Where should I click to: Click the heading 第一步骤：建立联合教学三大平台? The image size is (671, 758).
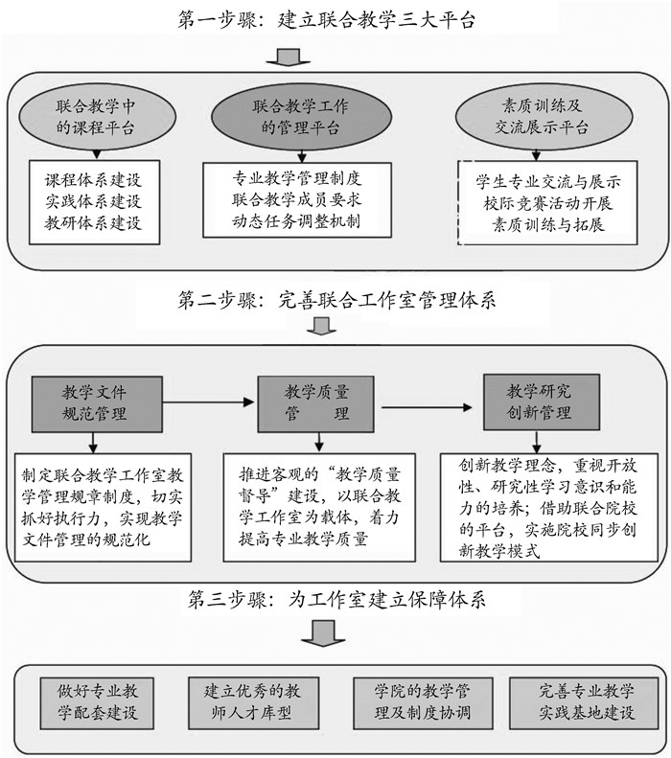click(x=335, y=19)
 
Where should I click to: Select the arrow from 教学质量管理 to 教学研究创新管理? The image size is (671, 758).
click(x=428, y=409)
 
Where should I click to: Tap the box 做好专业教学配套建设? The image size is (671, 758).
click(x=96, y=701)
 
